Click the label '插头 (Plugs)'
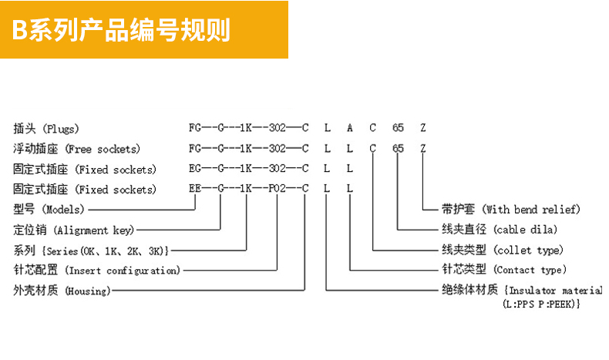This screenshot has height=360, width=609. pyautogui.click(x=46, y=128)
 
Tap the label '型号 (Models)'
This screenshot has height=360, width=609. pyautogui.click(x=49, y=209)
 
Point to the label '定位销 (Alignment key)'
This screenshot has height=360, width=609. pyautogui.click(x=74, y=230)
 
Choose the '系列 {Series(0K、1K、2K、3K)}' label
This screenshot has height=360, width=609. pyautogui.click(x=92, y=250)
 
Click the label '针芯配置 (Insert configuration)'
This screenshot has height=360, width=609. pyautogui.click(x=97, y=271)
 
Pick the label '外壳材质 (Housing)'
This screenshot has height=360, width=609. pyautogui.click(x=62, y=291)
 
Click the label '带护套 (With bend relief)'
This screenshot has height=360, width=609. pyautogui.click(x=510, y=209)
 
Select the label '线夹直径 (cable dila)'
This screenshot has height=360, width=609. pyautogui.click(x=500, y=230)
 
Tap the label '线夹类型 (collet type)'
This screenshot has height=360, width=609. pyautogui.click(x=502, y=250)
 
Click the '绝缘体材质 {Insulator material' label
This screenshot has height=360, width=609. pyautogui.click(x=521, y=291)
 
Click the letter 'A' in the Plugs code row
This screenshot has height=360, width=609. pyautogui.click(x=350, y=128)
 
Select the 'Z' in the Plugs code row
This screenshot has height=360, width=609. pyautogui.click(x=422, y=128)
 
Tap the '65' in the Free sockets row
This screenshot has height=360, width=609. pyautogui.click(x=398, y=148)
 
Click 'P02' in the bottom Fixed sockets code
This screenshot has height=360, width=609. pyautogui.click(x=278, y=189)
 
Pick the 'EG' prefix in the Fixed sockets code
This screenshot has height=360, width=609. pyautogui.click(x=195, y=169)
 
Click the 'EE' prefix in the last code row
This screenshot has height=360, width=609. pyautogui.click(x=195, y=189)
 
